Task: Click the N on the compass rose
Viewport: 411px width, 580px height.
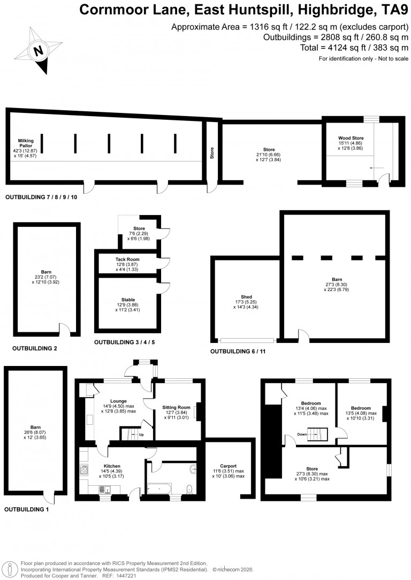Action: point(39,50)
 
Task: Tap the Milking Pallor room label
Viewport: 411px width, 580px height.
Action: point(26,143)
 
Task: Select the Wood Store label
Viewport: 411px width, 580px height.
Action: point(351,138)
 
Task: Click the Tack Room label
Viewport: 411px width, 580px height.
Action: point(127,260)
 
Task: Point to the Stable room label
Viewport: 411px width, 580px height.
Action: point(128,300)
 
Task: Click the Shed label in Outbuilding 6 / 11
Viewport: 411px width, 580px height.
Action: point(246,296)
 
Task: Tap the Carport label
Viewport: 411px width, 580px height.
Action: point(229,466)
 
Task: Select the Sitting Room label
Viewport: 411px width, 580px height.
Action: point(176,407)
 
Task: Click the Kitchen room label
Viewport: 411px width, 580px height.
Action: point(112,466)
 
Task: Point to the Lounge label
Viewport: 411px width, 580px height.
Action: point(118,401)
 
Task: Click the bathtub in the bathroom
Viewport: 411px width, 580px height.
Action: point(159,489)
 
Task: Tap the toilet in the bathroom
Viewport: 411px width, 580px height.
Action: point(190,489)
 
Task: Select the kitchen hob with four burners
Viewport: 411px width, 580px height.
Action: point(83,470)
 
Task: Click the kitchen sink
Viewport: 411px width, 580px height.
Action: point(105,490)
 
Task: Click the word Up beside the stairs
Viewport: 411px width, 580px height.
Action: point(141,434)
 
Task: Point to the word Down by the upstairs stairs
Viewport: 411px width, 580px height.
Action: point(302,434)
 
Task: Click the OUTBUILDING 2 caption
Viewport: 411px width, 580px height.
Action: point(35,348)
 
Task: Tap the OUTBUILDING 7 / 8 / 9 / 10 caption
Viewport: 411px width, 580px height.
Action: point(41,197)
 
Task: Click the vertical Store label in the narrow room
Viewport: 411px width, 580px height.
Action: point(212,153)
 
